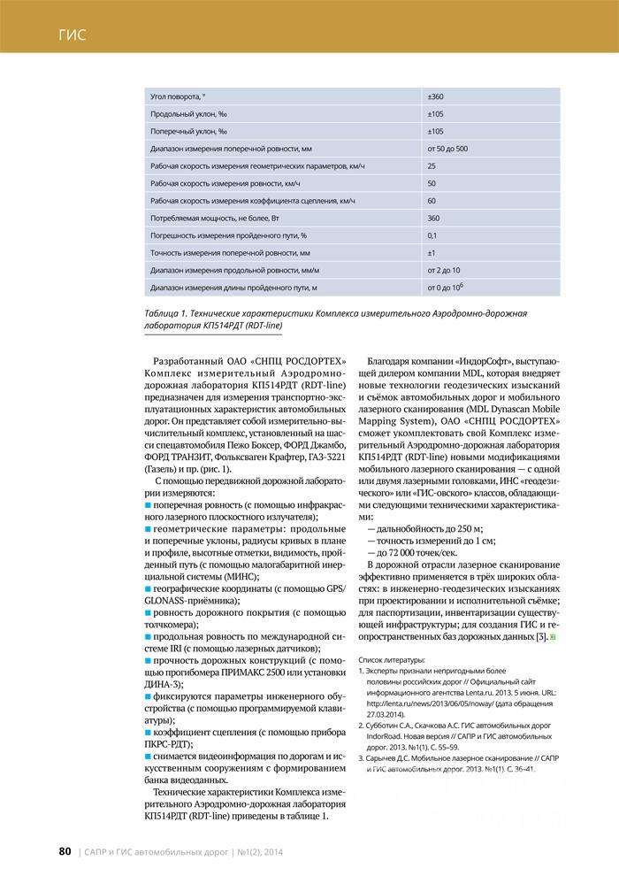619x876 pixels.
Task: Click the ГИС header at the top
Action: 73,35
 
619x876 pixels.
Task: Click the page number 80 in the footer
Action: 65,851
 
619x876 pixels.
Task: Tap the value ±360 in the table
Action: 435,96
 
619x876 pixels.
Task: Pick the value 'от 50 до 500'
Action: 447,148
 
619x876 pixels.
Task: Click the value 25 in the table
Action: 432,165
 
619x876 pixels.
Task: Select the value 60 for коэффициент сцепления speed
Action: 432,201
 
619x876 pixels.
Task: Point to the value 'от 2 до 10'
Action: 443,270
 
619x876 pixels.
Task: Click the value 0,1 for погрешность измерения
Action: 432,235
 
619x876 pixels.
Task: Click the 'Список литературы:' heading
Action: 390,660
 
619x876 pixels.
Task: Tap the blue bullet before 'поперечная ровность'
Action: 148,503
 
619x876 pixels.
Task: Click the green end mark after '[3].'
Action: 552,638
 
